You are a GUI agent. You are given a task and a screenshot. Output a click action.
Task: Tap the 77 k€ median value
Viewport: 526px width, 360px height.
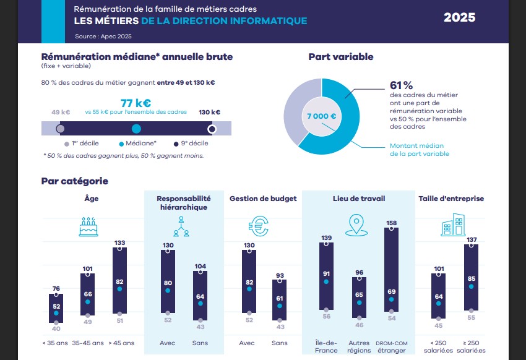coord(136,103)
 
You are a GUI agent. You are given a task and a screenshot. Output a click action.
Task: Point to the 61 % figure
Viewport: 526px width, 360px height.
coord(401,85)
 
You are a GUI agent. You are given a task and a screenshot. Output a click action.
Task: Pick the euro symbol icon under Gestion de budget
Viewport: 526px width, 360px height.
coord(257,226)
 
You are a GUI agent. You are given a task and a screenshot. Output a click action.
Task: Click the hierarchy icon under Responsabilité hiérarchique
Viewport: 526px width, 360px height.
coord(181,226)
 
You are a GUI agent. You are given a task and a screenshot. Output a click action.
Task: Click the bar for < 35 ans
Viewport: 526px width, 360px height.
coord(56,308)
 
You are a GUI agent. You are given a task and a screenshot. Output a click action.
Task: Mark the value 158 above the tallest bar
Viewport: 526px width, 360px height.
coord(391,223)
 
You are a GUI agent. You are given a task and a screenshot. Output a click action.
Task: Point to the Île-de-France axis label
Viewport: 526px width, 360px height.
coord(326,346)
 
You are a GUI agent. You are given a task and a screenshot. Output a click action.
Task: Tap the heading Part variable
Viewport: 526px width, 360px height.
coord(341,57)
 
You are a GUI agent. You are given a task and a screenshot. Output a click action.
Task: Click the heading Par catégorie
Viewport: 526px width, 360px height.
coord(74,181)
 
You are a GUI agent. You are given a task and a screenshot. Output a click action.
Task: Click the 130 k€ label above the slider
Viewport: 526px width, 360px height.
coord(209,112)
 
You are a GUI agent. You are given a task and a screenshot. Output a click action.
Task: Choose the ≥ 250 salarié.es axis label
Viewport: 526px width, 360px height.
coord(473,346)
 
